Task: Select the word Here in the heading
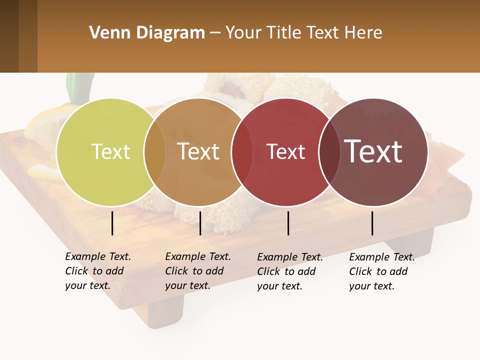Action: [363, 33]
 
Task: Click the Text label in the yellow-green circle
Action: [110, 151]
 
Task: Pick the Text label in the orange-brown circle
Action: [198, 151]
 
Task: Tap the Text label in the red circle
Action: [285, 151]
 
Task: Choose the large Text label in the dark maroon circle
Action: [373, 151]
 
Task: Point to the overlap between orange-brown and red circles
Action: [241, 152]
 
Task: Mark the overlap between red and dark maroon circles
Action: [329, 152]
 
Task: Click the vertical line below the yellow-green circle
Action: [112, 223]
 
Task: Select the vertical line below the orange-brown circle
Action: [200, 223]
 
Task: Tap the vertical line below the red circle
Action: [288, 223]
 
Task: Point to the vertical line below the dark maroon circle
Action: [372, 223]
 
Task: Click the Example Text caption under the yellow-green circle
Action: [97, 271]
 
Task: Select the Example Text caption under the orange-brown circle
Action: [197, 271]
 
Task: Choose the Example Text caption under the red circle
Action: [289, 271]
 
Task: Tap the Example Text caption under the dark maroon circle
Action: [381, 271]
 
